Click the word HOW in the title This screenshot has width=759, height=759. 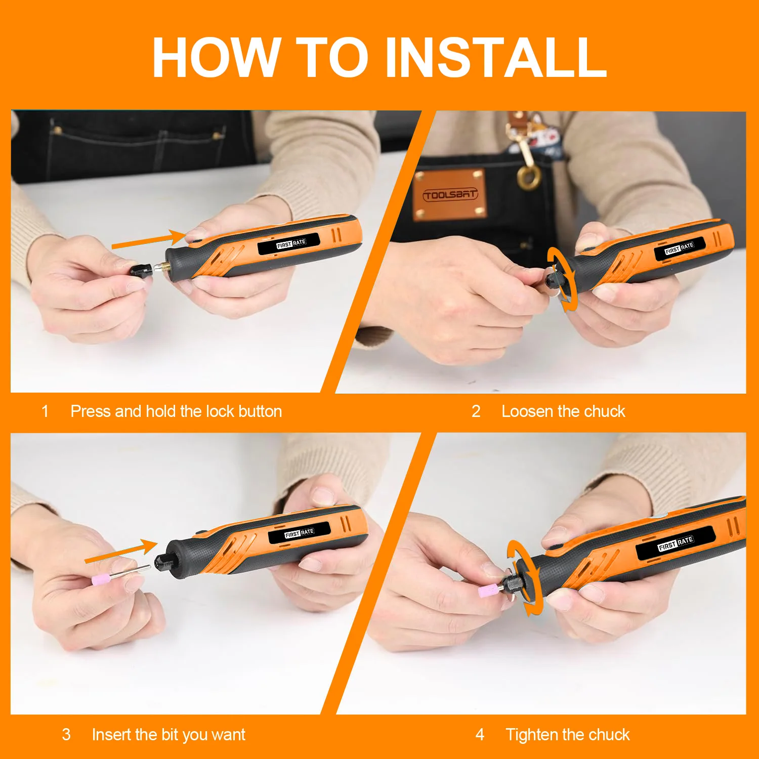click(x=217, y=57)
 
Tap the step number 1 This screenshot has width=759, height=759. click(x=45, y=411)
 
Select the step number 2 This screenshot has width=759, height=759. click(x=476, y=411)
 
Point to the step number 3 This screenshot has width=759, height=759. click(x=66, y=734)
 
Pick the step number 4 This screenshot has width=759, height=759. click(x=480, y=734)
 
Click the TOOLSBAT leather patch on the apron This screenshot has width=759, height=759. click(x=450, y=194)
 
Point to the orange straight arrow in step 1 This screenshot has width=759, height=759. click(x=150, y=239)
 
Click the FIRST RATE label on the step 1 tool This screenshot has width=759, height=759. click(x=290, y=244)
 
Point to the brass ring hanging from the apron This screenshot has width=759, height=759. click(x=529, y=178)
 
